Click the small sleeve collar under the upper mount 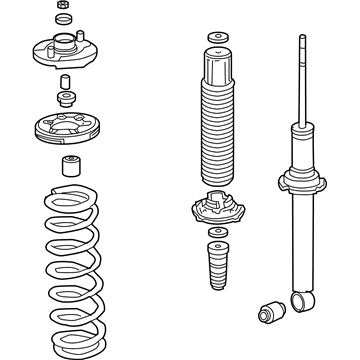click(x=66, y=80)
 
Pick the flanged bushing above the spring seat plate click(x=66, y=99)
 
